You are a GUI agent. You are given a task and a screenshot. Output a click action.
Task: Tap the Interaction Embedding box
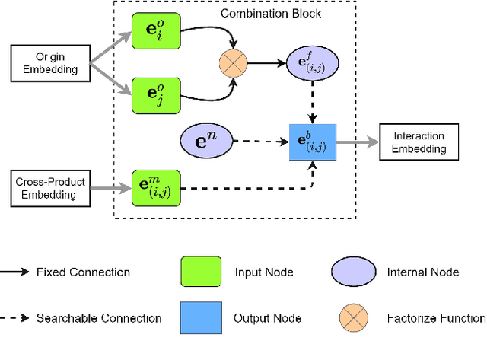(x=419, y=142)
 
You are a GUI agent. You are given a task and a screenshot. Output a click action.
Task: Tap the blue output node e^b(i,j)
(x=312, y=142)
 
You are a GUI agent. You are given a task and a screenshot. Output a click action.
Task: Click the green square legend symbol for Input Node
(x=201, y=272)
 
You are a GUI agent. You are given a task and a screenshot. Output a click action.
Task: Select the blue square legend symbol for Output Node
(x=201, y=318)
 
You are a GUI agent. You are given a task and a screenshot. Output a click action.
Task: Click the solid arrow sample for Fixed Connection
(x=18, y=272)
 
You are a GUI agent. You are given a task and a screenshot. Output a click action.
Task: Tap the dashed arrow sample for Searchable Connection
(x=18, y=318)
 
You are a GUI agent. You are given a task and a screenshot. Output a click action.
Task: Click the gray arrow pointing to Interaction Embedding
(x=357, y=142)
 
